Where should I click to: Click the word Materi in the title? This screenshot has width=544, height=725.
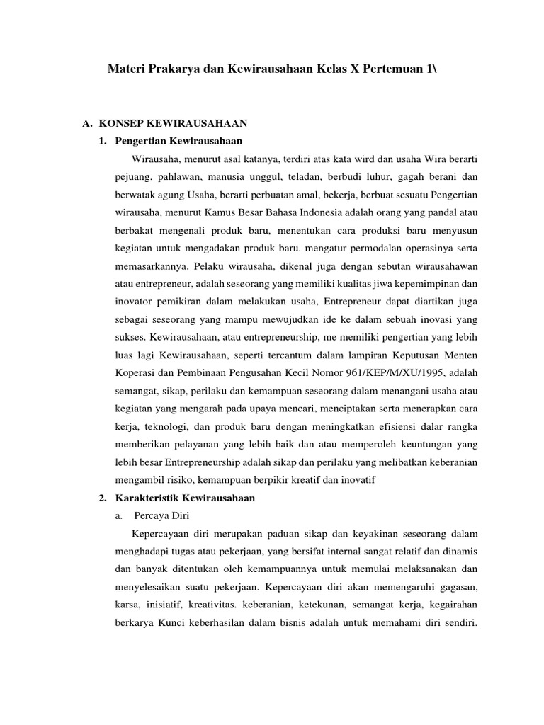(x=125, y=70)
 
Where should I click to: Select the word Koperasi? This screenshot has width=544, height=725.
(x=133, y=374)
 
